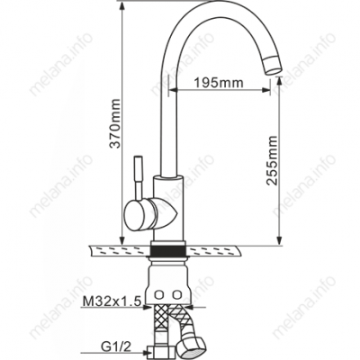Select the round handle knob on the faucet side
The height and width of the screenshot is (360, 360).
140,214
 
